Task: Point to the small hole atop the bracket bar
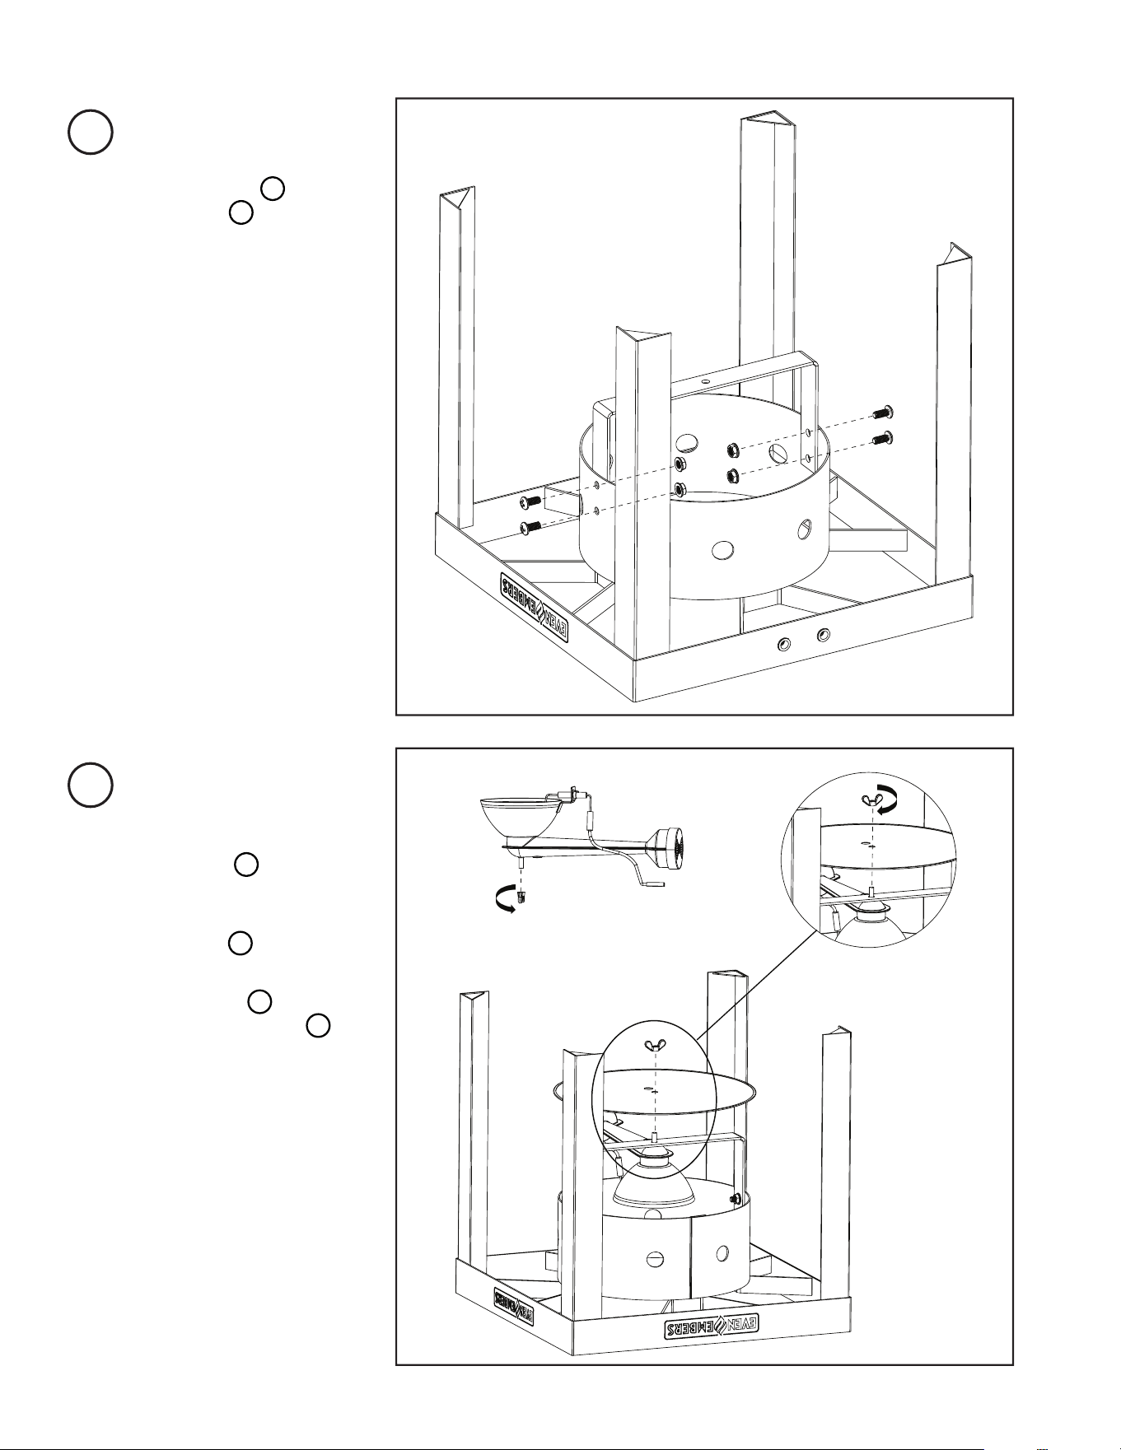click(704, 383)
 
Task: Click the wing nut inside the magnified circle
click(871, 798)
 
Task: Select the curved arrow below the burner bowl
click(503, 902)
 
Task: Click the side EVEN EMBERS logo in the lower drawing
click(516, 1307)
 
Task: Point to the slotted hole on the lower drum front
click(655, 1258)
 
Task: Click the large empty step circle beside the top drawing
click(90, 132)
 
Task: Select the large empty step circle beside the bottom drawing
click(90, 784)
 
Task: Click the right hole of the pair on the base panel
click(822, 635)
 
